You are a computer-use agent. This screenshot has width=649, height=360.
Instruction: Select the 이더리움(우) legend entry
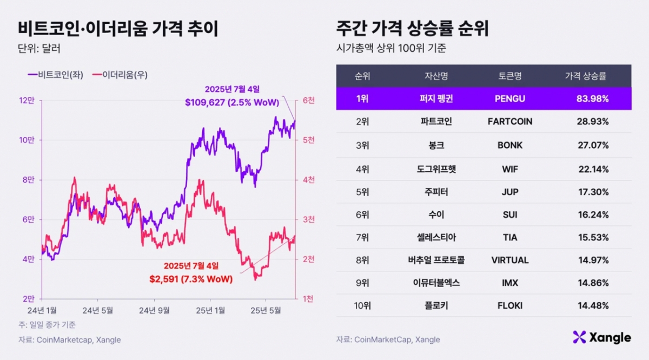click(121, 75)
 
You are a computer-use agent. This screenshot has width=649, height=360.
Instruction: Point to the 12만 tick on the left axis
click(27, 101)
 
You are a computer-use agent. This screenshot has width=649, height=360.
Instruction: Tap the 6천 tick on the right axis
click(309, 101)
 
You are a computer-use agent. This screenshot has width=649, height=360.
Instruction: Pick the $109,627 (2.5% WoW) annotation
click(231, 102)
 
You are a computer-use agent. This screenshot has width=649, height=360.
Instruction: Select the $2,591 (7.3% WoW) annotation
click(191, 279)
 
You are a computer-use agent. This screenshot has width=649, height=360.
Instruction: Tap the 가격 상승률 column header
click(586, 76)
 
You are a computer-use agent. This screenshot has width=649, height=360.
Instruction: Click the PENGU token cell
click(509, 99)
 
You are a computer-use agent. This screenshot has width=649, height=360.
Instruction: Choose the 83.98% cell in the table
click(593, 99)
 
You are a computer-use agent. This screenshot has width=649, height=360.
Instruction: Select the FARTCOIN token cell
click(509, 122)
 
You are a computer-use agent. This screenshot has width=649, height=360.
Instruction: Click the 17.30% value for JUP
click(593, 192)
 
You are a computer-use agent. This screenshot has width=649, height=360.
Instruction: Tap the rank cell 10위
click(362, 305)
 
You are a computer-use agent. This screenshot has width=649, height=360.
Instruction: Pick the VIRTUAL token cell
click(509, 260)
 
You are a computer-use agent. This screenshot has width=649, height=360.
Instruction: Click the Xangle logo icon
click(579, 337)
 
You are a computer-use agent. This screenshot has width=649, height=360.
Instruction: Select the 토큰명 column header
click(509, 76)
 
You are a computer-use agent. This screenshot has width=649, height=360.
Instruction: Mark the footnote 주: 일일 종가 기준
click(47, 325)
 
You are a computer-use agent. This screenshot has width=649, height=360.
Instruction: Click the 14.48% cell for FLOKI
click(593, 305)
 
